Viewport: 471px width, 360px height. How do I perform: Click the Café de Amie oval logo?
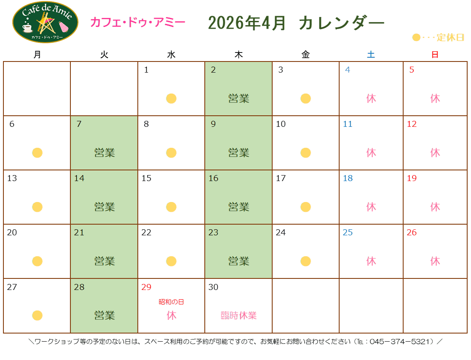[45, 22]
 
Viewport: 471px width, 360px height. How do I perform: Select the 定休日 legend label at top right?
[450, 38]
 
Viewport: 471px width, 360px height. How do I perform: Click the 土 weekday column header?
[371, 55]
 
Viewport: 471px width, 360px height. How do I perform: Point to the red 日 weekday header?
[435, 55]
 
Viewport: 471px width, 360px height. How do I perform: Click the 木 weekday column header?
[238, 55]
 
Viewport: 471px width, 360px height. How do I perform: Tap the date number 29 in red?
[146, 287]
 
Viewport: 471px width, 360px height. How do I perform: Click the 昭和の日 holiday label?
[171, 302]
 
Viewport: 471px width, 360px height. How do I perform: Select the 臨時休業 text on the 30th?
[238, 316]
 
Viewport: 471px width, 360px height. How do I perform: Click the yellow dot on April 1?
[171, 99]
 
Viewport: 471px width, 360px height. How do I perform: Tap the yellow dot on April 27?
[37, 316]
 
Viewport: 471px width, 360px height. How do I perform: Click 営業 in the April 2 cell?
[238, 99]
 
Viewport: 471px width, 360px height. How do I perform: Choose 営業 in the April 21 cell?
[105, 261]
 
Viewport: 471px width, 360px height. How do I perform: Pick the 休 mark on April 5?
[435, 99]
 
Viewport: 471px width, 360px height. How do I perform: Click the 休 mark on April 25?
[371, 261]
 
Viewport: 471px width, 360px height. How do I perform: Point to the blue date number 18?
[348, 179]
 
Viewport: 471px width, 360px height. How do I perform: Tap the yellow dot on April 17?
[305, 207]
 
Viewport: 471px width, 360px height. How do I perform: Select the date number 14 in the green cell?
[79, 179]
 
